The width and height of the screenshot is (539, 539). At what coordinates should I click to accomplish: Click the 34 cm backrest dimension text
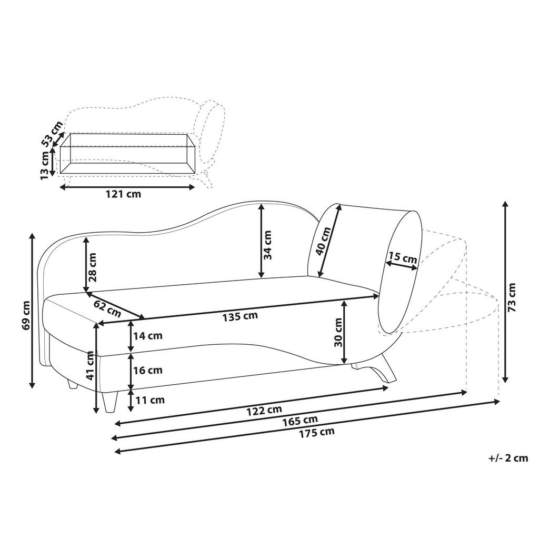tap(268, 245)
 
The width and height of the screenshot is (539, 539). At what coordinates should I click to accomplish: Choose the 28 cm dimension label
tap(93, 268)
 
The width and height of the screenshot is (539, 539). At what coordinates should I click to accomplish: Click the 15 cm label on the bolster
tap(403, 258)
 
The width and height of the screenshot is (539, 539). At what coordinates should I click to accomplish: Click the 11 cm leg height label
tap(150, 400)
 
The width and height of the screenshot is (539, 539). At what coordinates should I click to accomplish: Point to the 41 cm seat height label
tap(91, 367)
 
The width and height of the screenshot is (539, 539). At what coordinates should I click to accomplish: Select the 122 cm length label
tap(265, 410)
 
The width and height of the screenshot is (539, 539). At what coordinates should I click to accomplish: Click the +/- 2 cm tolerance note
tap(507, 458)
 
